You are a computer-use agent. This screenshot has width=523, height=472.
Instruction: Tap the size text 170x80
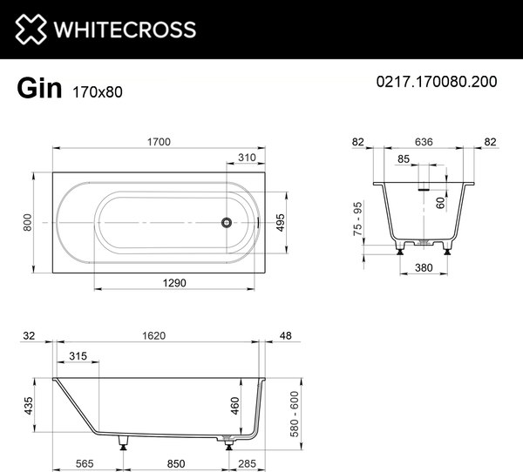[x=98, y=89]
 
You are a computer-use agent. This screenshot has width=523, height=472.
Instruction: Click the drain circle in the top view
[x=226, y=222]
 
